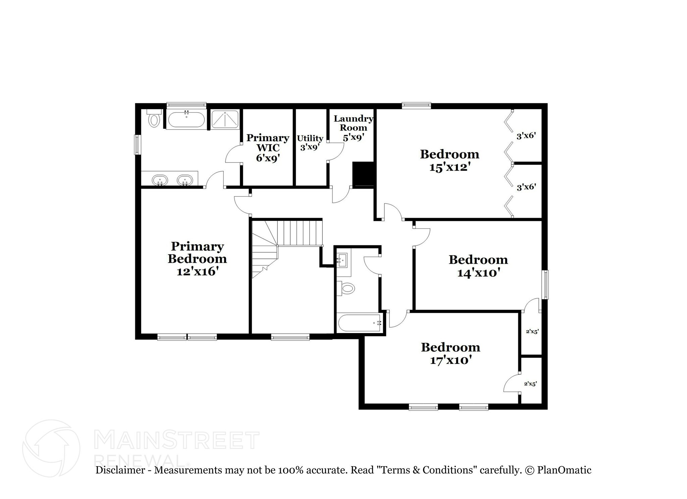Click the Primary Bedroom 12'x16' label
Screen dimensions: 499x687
pos(197,259)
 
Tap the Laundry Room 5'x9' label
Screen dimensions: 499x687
pos(353,128)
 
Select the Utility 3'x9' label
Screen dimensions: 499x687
pos(310,142)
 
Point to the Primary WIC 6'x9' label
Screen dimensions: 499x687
pos(268,147)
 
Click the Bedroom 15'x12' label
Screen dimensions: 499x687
pos(450,160)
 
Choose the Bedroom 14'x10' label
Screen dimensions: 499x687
pos(478,266)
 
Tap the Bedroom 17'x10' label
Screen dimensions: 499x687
pos(451,353)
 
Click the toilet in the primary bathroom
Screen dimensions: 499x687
pos(154,119)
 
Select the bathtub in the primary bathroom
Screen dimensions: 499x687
pos(186,119)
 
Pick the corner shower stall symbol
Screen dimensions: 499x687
pos(225,119)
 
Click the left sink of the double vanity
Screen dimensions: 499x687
pos(160,180)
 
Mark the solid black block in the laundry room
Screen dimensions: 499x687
pos(363,174)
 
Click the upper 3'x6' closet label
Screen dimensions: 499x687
pos(526,136)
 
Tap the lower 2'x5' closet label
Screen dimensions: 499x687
pos(530,384)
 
